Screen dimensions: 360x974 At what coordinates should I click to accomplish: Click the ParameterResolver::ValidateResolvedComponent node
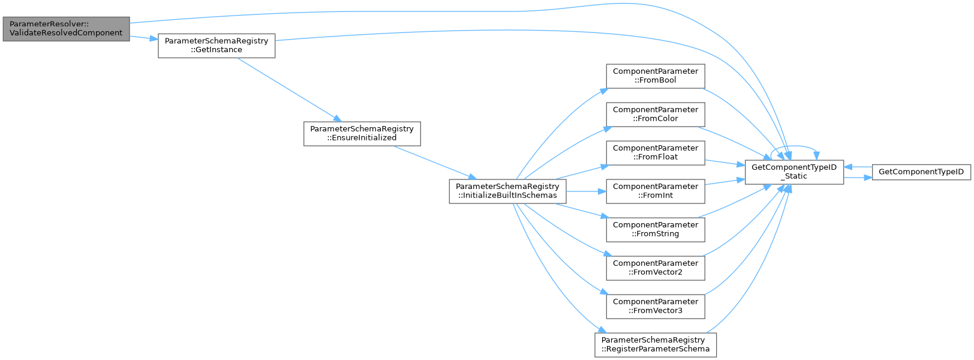click(x=66, y=29)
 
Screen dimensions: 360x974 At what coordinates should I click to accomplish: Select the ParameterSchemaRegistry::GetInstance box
click(x=217, y=46)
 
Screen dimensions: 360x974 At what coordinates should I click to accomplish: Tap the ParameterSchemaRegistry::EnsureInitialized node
click(x=362, y=133)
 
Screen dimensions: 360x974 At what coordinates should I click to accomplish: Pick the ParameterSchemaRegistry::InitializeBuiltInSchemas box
click(x=507, y=191)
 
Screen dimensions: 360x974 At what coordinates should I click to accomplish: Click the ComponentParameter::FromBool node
click(x=656, y=76)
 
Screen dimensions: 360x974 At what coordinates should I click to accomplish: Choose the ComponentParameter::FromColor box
click(x=656, y=114)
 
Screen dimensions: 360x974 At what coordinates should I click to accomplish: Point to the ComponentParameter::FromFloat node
click(x=656, y=152)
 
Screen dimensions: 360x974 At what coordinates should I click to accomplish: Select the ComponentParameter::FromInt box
click(x=656, y=191)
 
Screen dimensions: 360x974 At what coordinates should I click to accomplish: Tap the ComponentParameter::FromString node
click(x=656, y=229)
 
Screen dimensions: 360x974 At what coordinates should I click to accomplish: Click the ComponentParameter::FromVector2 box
click(x=656, y=268)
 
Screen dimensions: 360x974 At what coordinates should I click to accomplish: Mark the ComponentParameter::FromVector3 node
click(x=656, y=306)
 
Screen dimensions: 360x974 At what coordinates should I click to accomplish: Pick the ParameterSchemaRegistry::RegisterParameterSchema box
click(x=656, y=344)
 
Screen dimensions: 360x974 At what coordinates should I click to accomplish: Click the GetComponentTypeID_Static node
click(x=794, y=172)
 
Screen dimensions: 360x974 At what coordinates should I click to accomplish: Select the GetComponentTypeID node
click(x=921, y=172)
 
